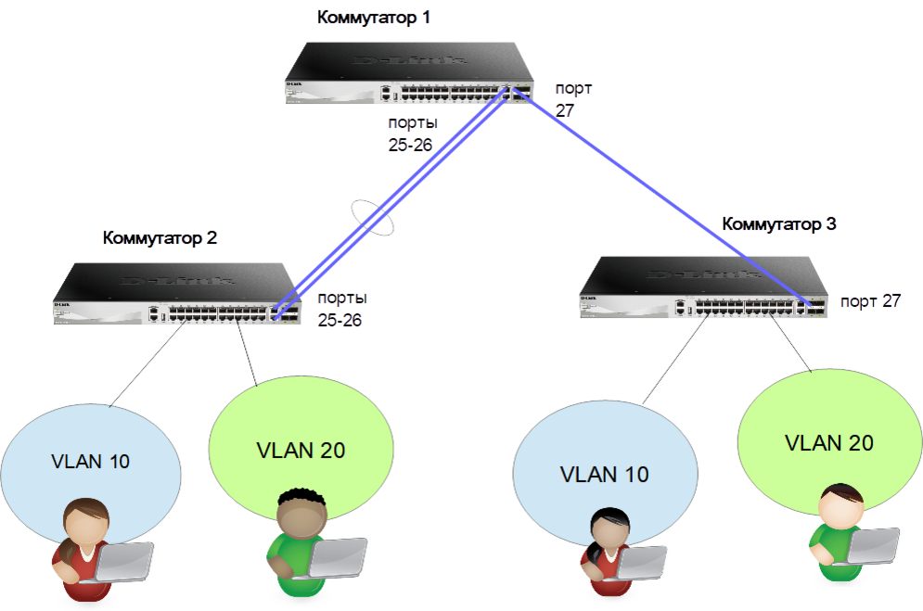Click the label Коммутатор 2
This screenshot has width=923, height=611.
[x=160, y=238]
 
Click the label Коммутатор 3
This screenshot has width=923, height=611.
[x=779, y=224]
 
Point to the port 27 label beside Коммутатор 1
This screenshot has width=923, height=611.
[x=572, y=99]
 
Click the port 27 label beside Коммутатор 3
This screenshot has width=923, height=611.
[x=869, y=301]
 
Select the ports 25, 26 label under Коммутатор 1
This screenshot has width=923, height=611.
[x=411, y=134]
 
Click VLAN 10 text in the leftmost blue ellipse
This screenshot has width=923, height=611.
[x=90, y=461]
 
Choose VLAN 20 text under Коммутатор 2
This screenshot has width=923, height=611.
[x=301, y=451]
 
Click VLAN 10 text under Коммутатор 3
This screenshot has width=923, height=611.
[x=604, y=474]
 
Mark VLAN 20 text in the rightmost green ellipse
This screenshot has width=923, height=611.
[x=828, y=442]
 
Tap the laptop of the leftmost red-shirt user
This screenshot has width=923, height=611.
[x=124, y=560]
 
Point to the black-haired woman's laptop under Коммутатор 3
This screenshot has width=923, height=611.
[x=641, y=562]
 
